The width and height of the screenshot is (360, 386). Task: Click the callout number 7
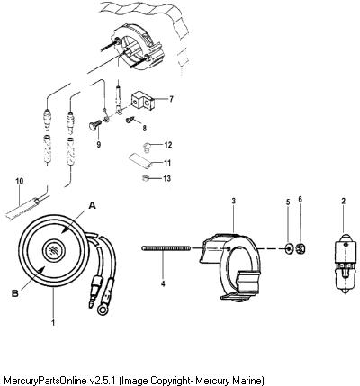171,99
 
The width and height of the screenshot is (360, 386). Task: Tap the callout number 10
20,181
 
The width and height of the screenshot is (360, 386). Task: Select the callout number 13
167,178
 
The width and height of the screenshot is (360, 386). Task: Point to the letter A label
93,205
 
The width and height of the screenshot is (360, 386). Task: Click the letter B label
14,293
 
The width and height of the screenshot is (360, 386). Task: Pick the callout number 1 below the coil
53,323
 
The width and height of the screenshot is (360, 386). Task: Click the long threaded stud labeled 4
166,247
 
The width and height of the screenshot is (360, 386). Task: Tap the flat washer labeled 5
289,249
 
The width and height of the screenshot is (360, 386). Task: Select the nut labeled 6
301,248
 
